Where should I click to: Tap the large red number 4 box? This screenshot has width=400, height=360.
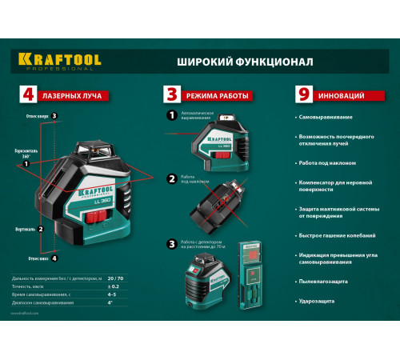27,95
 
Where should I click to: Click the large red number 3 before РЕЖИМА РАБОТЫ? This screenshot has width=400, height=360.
170,95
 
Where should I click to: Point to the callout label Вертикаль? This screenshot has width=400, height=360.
24,229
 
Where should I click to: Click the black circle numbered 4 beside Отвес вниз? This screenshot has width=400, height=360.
54,258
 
